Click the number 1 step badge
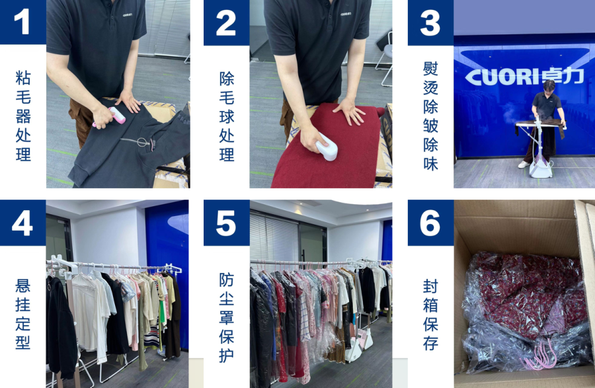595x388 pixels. coord(22,22)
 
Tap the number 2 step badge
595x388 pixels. coord(226,22)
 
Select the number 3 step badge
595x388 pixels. coord(430,22)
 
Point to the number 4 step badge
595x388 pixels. coord(22,223)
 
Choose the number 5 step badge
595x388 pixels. coord(226,223)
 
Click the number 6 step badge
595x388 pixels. coord(430,223)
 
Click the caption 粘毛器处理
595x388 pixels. coord(23,116)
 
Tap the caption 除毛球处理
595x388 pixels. coord(227,116)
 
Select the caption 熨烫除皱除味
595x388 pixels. coord(430,116)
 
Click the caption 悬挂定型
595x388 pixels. coord(22,315)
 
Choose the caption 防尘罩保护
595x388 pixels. coord(227,317)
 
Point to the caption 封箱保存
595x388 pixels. coord(430,315)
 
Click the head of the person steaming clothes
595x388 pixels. coord(549,86)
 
